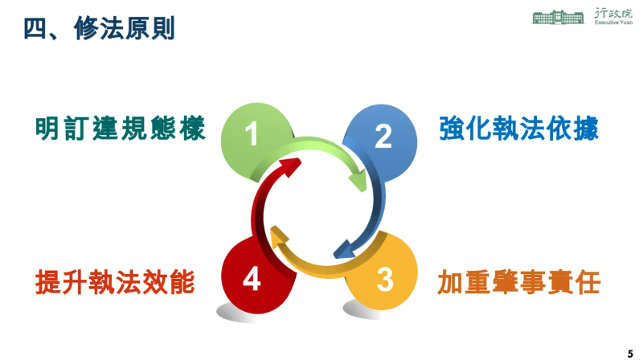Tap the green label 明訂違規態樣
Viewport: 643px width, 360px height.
121,129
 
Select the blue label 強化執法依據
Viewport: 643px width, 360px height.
519,129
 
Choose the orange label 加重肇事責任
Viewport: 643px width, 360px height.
519,282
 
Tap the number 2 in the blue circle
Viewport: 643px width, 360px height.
383,137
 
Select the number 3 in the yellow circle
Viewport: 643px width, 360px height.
385,280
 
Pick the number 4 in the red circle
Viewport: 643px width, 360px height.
252,280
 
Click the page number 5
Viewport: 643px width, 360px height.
630,352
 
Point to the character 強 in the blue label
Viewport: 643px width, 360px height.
453,129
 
